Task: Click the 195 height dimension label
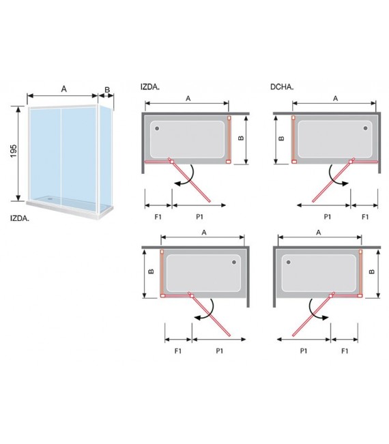(x=14, y=151)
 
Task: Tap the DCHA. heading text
(x=282, y=87)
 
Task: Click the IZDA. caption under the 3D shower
(x=20, y=218)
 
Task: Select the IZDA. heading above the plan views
(x=150, y=87)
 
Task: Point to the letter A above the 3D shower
(x=64, y=89)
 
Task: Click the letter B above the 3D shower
(x=107, y=89)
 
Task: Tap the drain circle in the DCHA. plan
(x=366, y=128)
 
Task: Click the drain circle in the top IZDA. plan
(x=157, y=128)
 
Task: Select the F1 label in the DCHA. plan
(x=365, y=217)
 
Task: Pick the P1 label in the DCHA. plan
(x=328, y=217)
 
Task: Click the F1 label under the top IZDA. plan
(x=158, y=217)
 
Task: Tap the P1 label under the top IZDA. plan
(x=200, y=217)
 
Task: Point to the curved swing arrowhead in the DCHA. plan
(x=345, y=183)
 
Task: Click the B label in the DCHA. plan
(x=281, y=138)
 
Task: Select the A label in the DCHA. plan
(x=336, y=98)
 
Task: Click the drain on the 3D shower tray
(x=51, y=198)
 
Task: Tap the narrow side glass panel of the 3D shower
(x=106, y=159)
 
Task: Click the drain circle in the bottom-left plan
(x=234, y=262)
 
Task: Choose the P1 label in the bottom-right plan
(x=304, y=351)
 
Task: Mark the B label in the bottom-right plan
(x=372, y=271)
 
